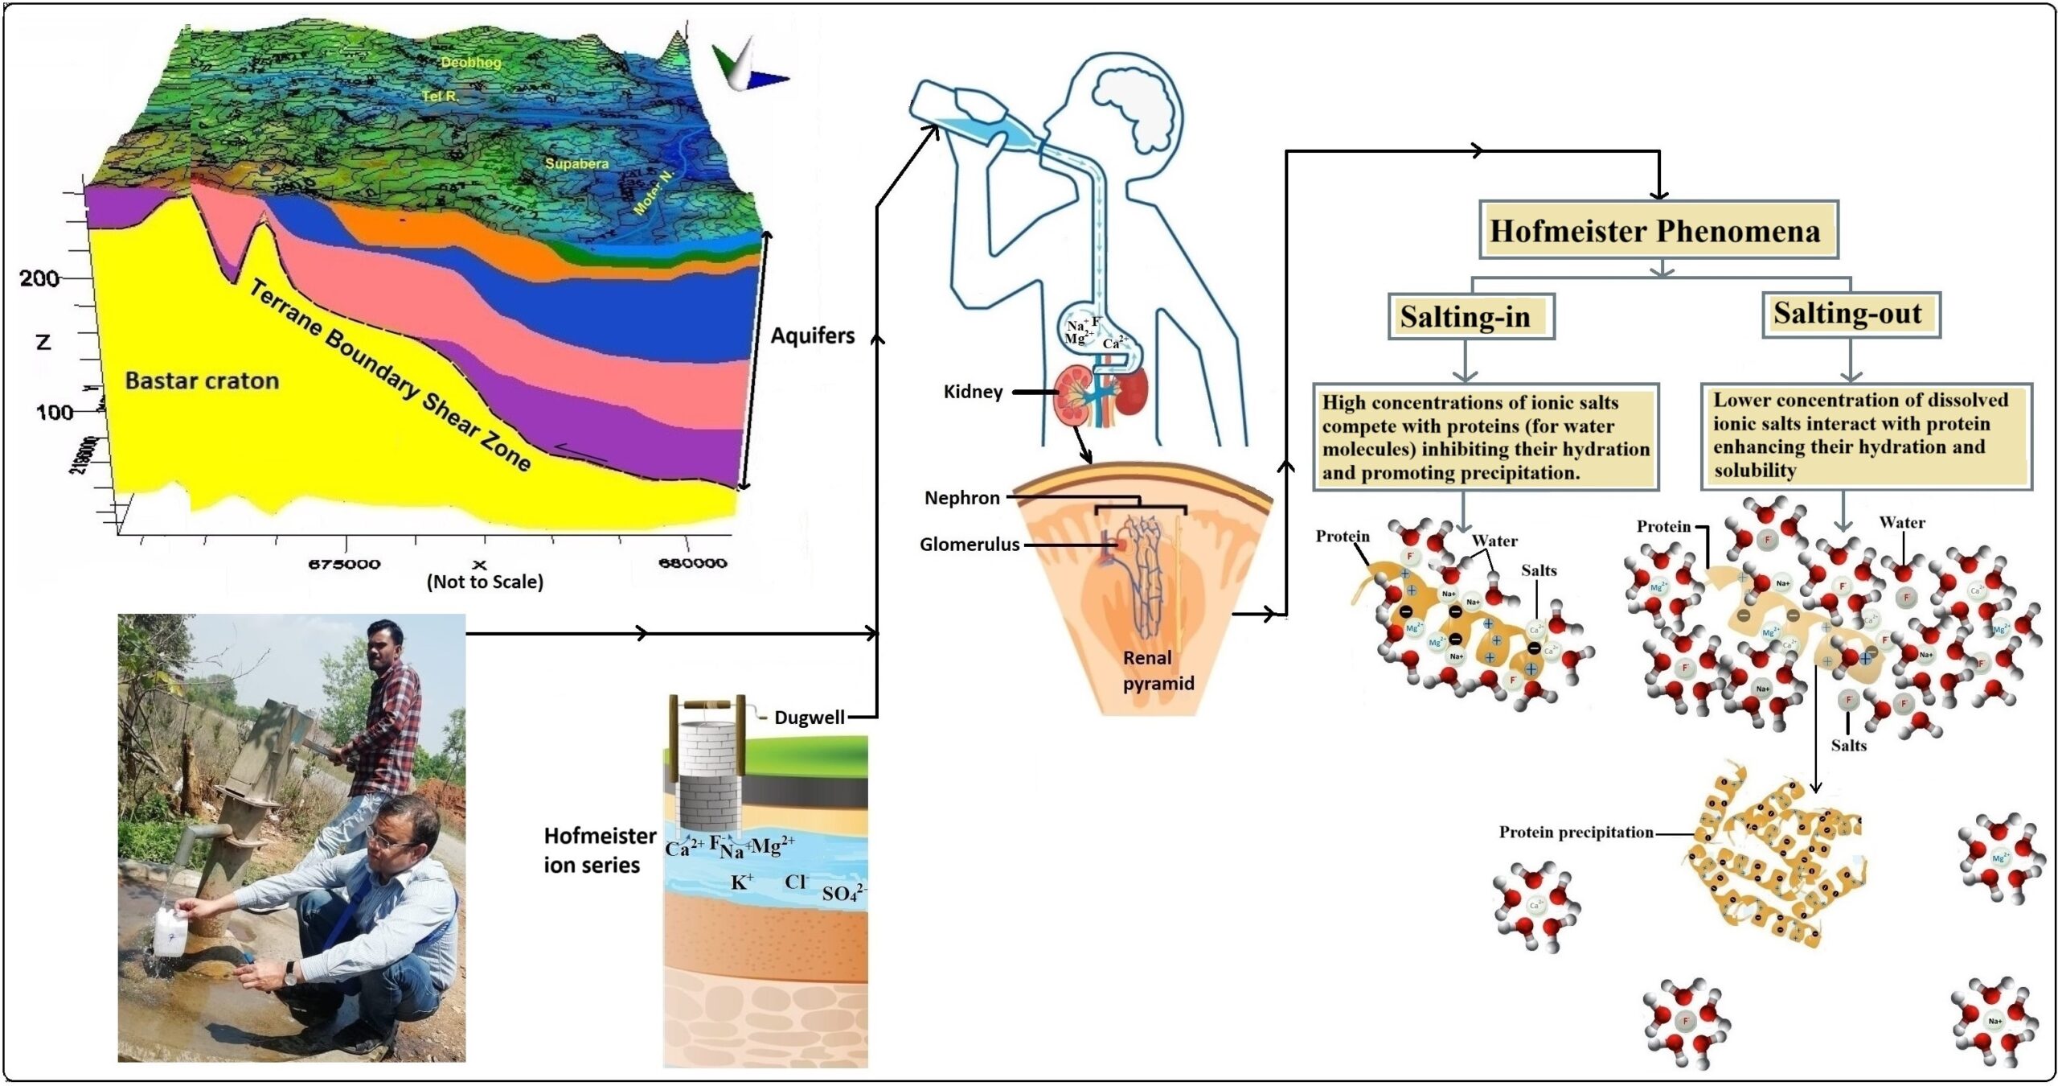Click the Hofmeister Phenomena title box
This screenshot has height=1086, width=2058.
[x=1658, y=231]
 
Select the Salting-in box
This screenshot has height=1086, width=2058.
[x=1470, y=316]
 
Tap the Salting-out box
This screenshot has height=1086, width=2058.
[x=1850, y=314]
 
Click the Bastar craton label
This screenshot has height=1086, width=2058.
[x=202, y=381]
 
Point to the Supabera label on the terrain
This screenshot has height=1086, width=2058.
[x=576, y=163]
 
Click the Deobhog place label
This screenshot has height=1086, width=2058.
[x=470, y=62]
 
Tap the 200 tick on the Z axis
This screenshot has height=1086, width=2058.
[x=39, y=278]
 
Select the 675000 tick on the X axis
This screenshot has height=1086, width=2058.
[x=344, y=564]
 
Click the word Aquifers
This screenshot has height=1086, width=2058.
[x=812, y=335]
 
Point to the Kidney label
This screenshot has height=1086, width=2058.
[x=973, y=392]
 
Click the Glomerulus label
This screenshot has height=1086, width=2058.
[x=969, y=545]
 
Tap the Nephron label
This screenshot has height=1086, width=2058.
[x=961, y=498]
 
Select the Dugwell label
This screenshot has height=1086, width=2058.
[x=809, y=718]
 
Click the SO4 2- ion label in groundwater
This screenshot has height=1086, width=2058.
[x=842, y=893]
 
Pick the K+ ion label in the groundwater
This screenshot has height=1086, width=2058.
[x=742, y=882]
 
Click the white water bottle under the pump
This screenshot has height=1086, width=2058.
[x=171, y=932]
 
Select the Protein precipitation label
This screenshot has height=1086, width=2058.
[x=1576, y=833]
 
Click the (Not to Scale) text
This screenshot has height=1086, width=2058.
[x=485, y=582]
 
